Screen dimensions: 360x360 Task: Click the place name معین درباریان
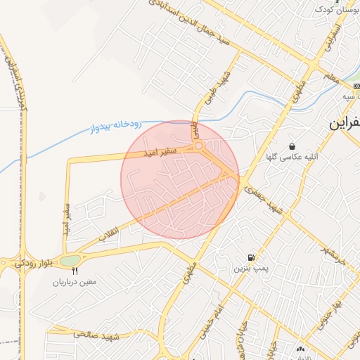pyautogui.click(x=77, y=282)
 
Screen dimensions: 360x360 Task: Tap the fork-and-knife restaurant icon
pyautogui.click(x=75, y=270)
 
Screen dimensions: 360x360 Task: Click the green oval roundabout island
pyautogui.click(x=70, y=261)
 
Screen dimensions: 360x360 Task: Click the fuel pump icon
pyautogui.click(x=251, y=257)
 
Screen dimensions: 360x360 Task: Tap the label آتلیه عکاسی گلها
pyautogui.click(x=292, y=157)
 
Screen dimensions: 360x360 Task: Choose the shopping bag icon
pyautogui.click(x=292, y=146)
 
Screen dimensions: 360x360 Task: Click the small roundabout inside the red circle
pyautogui.click(x=200, y=146)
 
